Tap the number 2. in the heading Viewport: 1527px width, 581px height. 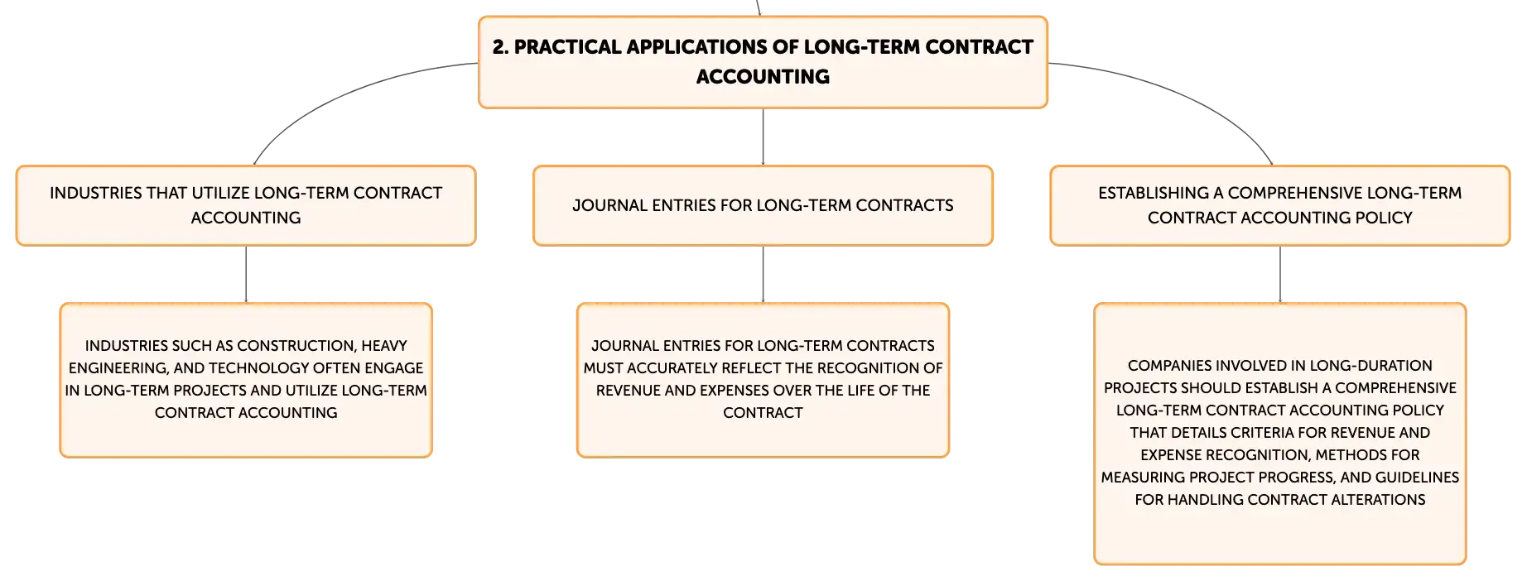pos(500,47)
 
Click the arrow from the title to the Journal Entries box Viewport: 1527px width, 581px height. pos(763,137)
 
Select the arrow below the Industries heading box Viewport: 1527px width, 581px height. pos(246,274)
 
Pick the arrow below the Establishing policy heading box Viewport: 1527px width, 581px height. pos(1280,274)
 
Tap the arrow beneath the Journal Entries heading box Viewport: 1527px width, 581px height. pos(763,274)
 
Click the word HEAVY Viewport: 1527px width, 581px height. pos(384,346)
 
